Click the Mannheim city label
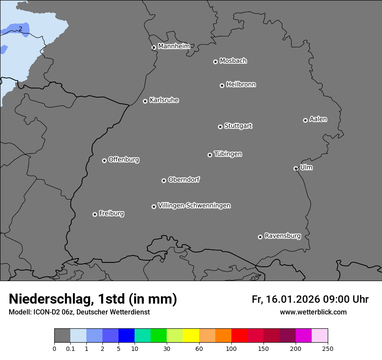coord(174,46)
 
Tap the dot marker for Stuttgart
coord(220,127)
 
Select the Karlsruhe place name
coord(164,100)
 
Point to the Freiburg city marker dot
coord(95,214)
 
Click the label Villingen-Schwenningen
coord(194,206)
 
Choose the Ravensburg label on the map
coord(282,236)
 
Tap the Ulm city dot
coord(296,168)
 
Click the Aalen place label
coord(318,119)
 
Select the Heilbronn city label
coord(240,85)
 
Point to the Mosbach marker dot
coord(215,62)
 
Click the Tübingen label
coord(227,154)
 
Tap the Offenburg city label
coord(123,160)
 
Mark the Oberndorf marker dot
coord(164,180)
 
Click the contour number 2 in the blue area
coord(20,29)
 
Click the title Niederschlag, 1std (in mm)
coord(92,299)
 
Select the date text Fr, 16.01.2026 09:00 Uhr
coord(310,299)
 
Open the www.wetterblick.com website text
coord(313,312)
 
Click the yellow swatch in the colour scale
coord(191,336)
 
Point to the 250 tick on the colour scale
coord(328,349)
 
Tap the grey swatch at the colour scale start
coord(62,336)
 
